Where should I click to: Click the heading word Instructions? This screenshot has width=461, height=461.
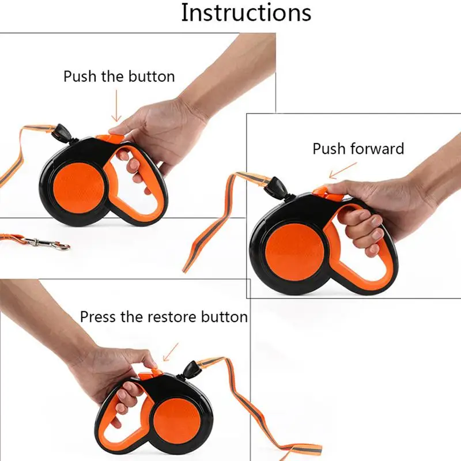pyautogui.click(x=246, y=13)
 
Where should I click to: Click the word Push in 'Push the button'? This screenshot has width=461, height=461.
pyautogui.click(x=80, y=77)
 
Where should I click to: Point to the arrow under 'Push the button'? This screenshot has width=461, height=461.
pyautogui.click(x=116, y=106)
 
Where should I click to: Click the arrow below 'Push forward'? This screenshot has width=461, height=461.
pyautogui.click(x=343, y=171)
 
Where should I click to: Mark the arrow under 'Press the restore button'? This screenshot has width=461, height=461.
pyautogui.click(x=171, y=352)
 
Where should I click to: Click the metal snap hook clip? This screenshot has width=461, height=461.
pyautogui.click(x=47, y=243)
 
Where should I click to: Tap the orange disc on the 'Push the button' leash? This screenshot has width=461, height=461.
pyautogui.click(x=79, y=188)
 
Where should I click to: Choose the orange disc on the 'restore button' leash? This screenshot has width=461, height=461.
pyautogui.click(x=177, y=421)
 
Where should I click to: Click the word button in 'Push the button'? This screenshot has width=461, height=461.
pyautogui.click(x=152, y=77)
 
